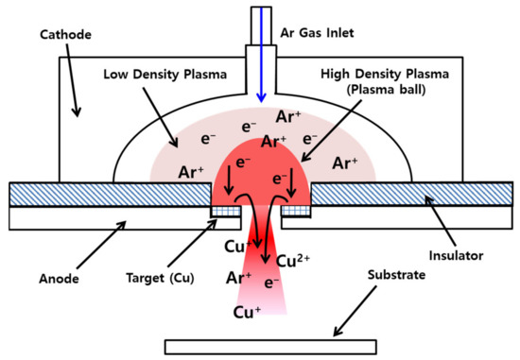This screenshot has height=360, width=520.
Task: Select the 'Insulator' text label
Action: [x=457, y=255]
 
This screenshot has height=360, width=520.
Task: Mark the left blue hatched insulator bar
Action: [x=108, y=193]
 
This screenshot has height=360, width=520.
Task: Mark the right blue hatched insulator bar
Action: [x=411, y=193]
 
